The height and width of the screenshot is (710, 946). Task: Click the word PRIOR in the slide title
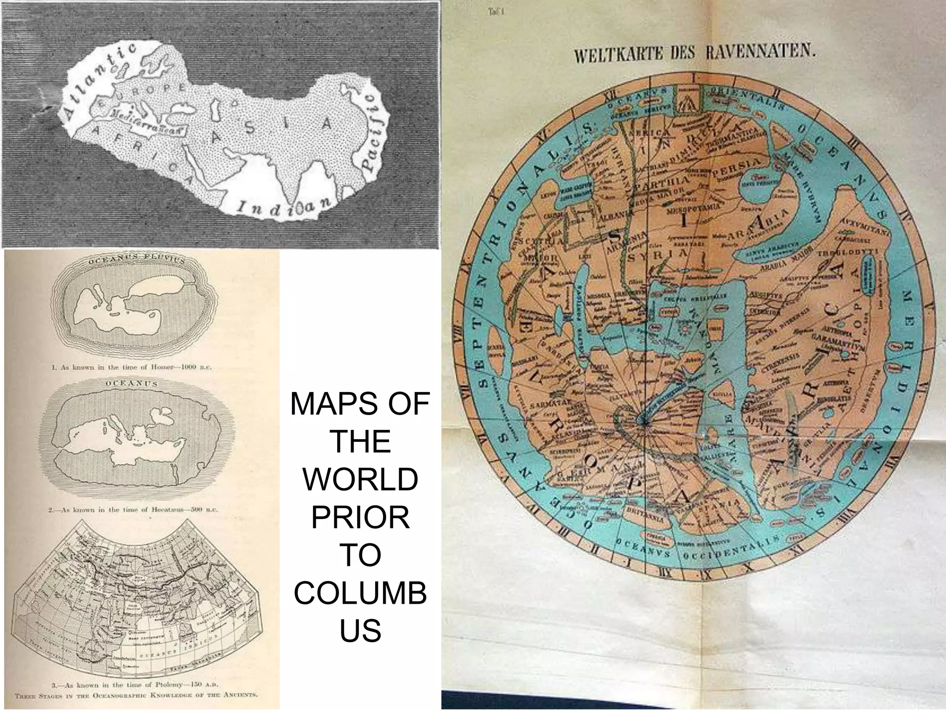click(360, 518)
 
